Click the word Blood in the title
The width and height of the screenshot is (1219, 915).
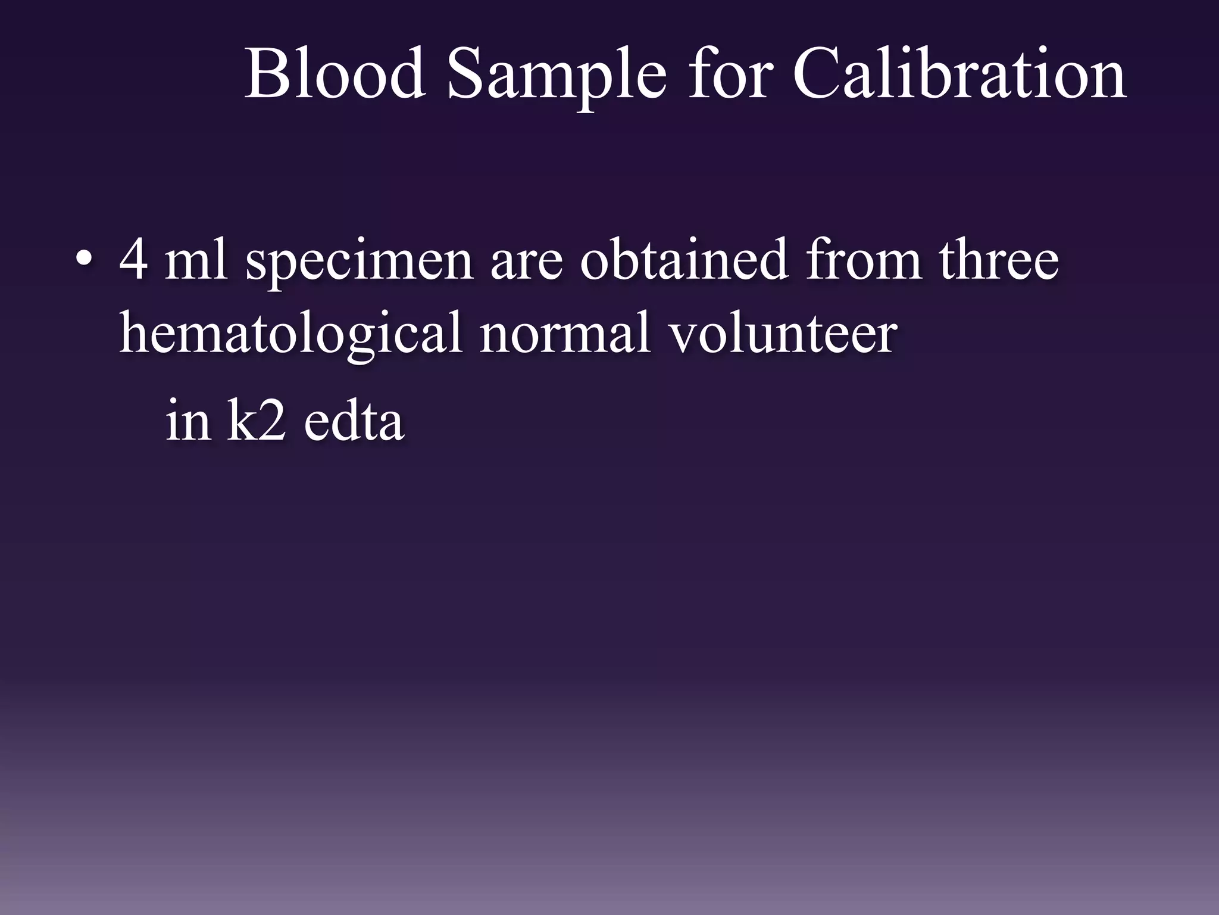point(335,74)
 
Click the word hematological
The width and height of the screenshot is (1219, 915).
point(291,334)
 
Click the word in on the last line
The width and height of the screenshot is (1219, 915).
point(188,421)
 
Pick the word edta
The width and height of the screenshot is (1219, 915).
point(354,421)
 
